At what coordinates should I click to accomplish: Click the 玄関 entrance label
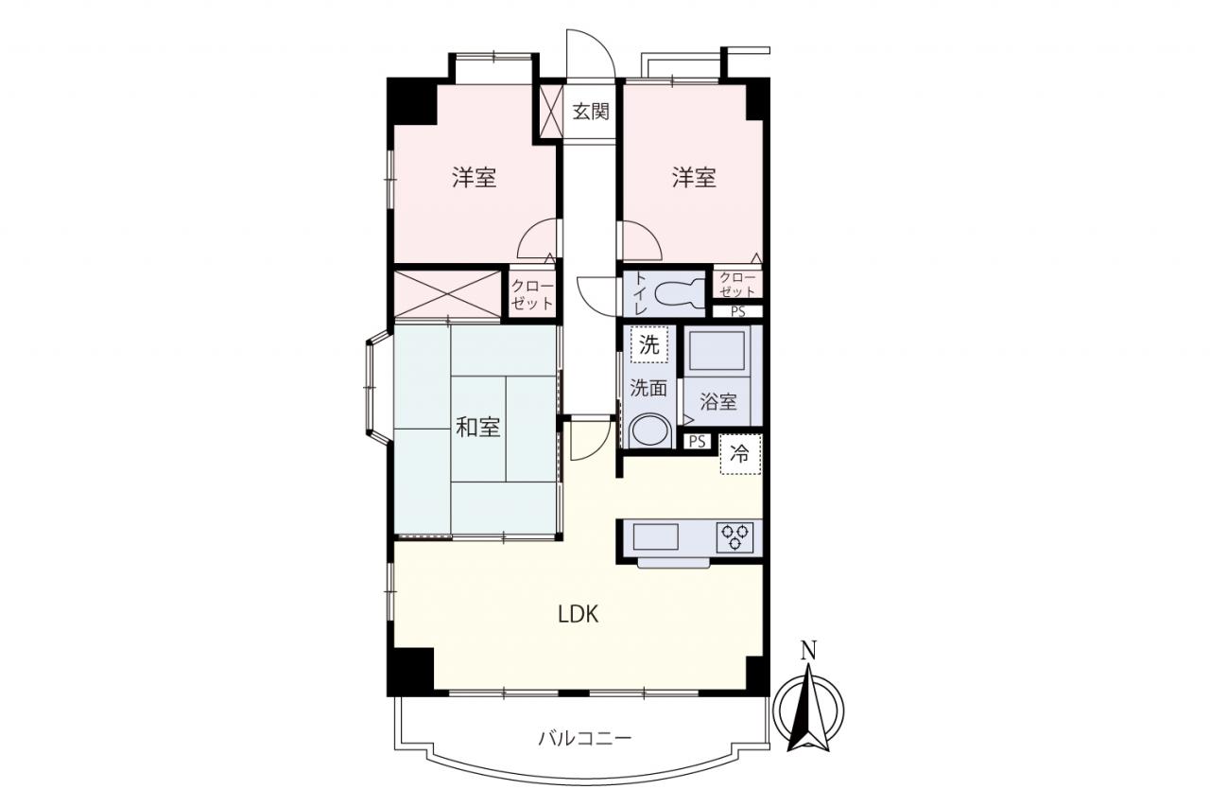(591, 112)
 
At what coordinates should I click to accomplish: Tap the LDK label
(578, 615)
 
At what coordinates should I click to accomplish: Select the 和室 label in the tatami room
(478, 427)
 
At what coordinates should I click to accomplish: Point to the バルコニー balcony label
(584, 738)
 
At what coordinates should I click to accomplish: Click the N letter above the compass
(808, 650)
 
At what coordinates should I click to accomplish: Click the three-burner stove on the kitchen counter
(735, 536)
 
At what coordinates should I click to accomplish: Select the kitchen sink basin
(655, 536)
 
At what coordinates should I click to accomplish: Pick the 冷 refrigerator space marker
(740, 454)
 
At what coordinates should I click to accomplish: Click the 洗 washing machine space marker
(648, 345)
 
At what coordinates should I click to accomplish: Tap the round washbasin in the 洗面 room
(650, 431)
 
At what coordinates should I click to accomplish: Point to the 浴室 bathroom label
(717, 402)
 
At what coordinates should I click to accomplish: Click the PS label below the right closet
(738, 312)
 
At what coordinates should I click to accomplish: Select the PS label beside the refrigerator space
(698, 442)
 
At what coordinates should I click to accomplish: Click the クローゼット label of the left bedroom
(532, 294)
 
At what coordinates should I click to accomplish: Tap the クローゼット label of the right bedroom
(738, 285)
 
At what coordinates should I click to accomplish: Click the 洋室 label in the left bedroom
(475, 177)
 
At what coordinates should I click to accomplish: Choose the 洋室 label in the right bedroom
(694, 177)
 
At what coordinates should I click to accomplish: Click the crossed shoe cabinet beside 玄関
(551, 112)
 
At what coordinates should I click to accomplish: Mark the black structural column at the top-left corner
(411, 101)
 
